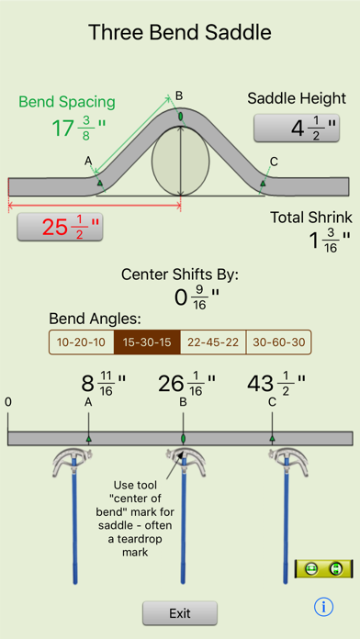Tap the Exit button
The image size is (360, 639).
(x=180, y=612)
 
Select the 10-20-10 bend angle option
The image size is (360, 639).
(x=81, y=342)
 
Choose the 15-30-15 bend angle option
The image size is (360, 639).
(x=147, y=342)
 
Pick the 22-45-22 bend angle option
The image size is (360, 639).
(x=213, y=342)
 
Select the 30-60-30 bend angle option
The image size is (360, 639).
(x=279, y=342)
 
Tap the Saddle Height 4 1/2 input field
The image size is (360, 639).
(x=301, y=129)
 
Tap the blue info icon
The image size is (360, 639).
(x=323, y=607)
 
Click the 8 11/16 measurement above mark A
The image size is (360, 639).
(x=89, y=383)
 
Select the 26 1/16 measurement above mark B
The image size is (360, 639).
(x=183, y=383)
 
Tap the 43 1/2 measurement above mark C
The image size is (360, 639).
(x=274, y=383)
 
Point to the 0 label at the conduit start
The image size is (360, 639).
(x=8, y=402)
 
